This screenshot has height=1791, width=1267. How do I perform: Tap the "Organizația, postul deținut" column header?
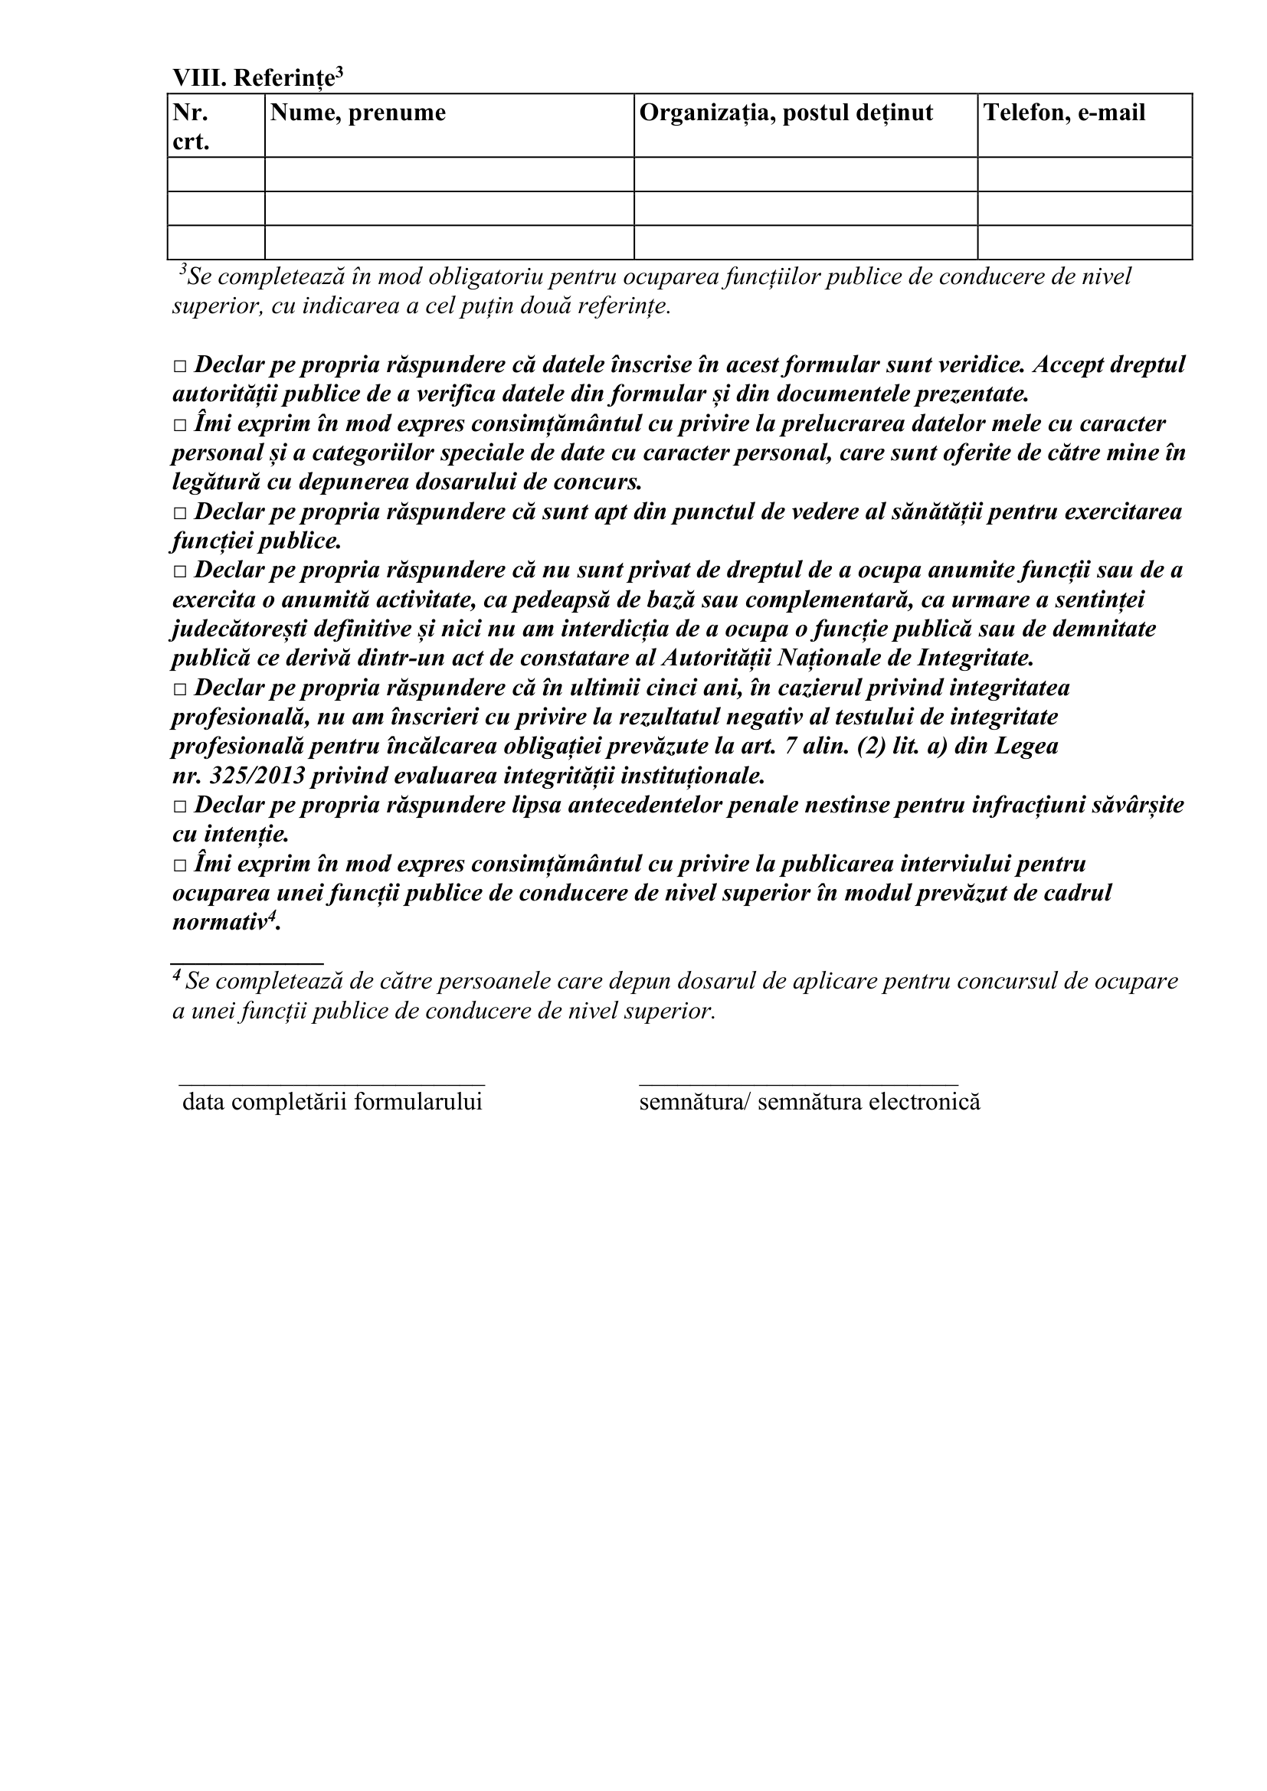coord(786,113)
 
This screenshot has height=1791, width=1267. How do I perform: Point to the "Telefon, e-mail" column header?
coord(1064,113)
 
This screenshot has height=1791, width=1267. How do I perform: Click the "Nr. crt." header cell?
coord(192,126)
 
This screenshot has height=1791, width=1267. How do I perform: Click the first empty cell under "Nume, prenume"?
coord(449,174)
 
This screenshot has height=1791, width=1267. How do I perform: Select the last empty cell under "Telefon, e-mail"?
coord(1085,243)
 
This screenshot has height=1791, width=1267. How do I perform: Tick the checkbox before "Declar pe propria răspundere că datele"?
coord(180,366)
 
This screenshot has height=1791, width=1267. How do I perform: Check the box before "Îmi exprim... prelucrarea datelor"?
coord(180,425)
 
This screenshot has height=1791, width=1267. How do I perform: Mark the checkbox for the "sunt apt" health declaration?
coord(180,513)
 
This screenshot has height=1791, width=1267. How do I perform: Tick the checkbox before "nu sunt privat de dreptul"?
coord(180,572)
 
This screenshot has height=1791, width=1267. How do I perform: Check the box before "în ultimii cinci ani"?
coord(180,690)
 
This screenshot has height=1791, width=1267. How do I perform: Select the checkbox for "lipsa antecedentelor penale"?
coord(180,806)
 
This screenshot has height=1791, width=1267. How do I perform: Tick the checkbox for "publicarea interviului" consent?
coord(180,866)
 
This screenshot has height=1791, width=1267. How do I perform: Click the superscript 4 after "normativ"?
coord(272,917)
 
